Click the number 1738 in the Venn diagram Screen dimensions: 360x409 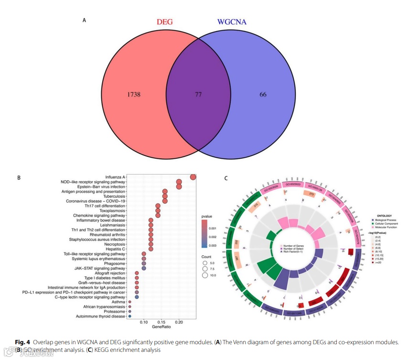click(134, 95)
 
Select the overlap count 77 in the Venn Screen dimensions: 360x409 click(198, 95)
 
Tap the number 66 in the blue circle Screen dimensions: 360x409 click(263, 95)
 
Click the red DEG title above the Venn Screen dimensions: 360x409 click(165, 22)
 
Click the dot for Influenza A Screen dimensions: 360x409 click(193, 177)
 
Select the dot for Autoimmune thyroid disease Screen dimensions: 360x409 click(130, 316)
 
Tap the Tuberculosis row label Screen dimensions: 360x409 click(114, 196)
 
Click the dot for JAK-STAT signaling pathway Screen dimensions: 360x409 click(144, 268)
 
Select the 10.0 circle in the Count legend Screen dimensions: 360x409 click(205, 275)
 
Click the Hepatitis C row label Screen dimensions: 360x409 click(116, 249)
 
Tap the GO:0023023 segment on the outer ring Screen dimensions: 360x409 click(292, 185)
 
